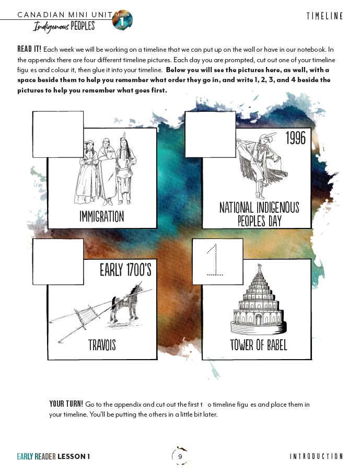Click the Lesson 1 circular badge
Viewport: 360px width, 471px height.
pos(123,20)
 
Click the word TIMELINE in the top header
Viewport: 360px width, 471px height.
pos(324,16)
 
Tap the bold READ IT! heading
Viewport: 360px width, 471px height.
pos(29,49)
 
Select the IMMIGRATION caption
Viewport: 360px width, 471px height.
pos(102,216)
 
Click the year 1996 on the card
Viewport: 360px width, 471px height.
pos(295,139)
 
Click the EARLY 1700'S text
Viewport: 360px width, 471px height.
pos(125,270)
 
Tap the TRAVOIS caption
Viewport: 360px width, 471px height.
pos(102,345)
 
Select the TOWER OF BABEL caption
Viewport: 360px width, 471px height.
pos(258,345)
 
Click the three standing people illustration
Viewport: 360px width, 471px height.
pos(103,173)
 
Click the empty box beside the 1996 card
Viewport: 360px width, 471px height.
pos(211,134)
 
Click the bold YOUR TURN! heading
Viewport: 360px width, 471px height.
pos(66,404)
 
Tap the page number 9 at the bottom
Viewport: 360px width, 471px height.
pos(180,456)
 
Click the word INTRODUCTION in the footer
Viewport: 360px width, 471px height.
pos(316,456)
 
